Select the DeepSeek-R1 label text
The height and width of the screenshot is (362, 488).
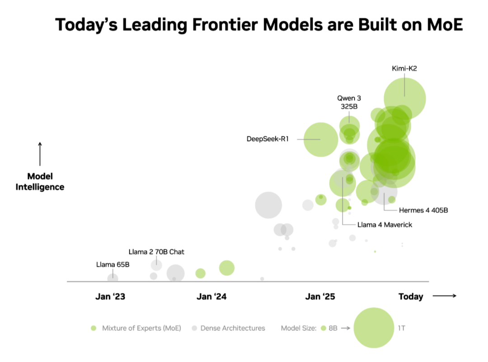(x=267, y=139)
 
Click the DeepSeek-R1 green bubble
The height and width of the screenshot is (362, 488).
(x=320, y=140)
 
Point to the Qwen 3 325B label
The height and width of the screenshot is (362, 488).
(x=349, y=102)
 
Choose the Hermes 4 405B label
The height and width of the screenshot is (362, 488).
(x=423, y=210)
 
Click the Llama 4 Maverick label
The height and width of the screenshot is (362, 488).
(x=385, y=224)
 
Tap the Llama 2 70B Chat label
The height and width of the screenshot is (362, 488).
(x=156, y=252)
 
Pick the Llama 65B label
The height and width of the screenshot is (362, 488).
(x=113, y=264)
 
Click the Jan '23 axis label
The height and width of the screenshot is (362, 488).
(x=110, y=296)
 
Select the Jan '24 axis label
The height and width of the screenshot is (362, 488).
(x=211, y=296)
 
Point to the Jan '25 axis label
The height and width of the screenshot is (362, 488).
(x=320, y=296)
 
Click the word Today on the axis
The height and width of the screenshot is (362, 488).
(x=411, y=296)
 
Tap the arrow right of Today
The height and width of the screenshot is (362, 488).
(x=445, y=296)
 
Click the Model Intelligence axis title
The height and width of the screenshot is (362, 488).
(x=40, y=182)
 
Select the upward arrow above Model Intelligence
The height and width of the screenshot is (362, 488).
(x=40, y=154)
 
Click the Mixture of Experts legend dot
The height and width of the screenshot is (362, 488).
(x=94, y=328)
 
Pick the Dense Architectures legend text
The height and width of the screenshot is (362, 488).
(x=233, y=328)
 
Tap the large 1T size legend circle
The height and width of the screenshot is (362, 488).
(x=374, y=328)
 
